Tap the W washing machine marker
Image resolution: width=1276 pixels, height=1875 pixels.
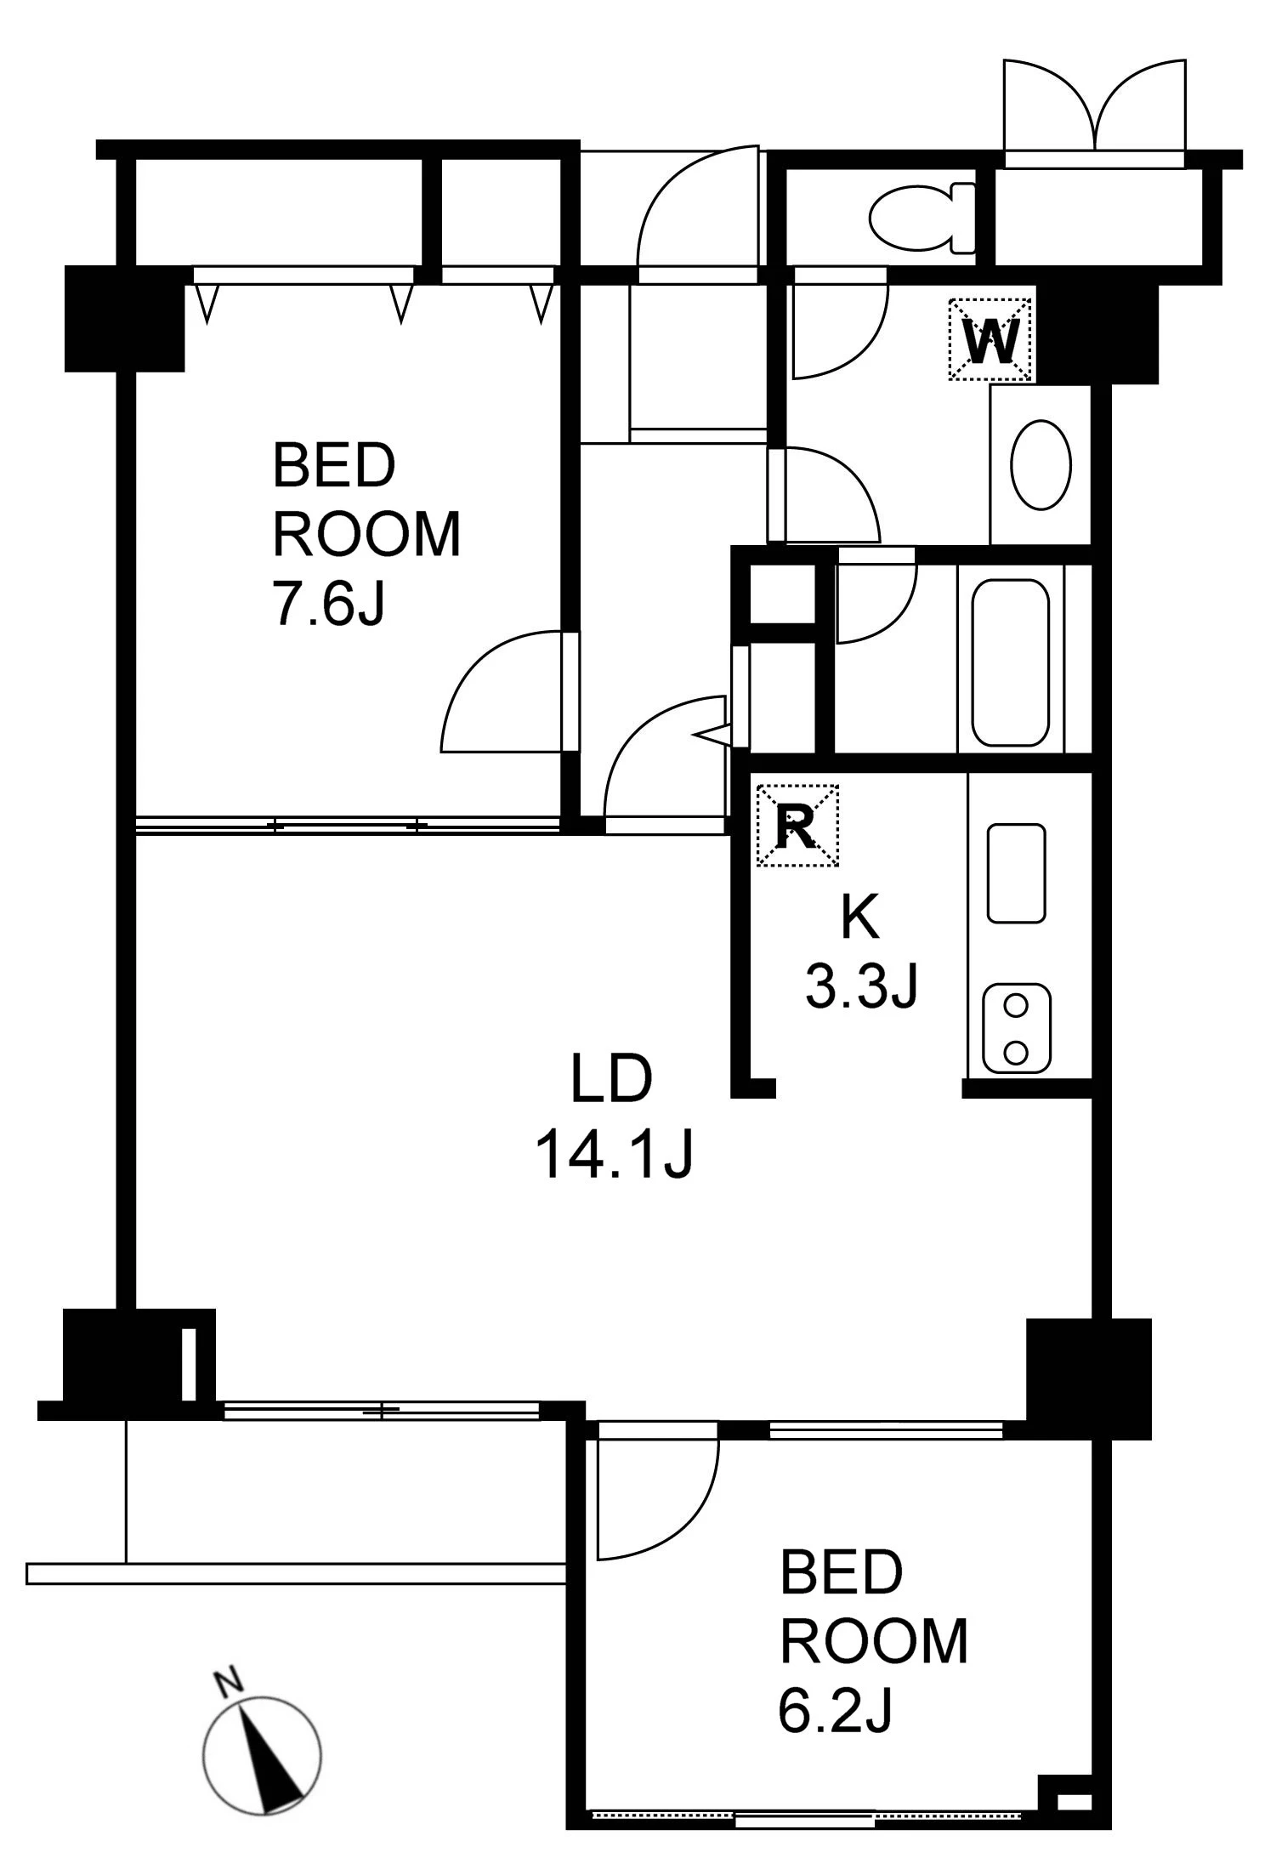click(x=990, y=338)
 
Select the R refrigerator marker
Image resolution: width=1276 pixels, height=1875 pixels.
click(x=797, y=825)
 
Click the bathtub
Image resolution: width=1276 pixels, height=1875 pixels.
click(x=1010, y=662)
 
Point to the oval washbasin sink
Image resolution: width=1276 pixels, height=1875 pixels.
click(x=1041, y=464)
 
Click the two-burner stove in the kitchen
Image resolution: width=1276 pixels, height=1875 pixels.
click(x=1017, y=1029)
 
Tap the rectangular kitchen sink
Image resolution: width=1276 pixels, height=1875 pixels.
click(x=1017, y=873)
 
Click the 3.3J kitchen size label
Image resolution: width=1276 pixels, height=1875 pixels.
click(x=861, y=988)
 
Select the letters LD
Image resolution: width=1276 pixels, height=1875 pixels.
click(x=611, y=1078)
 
